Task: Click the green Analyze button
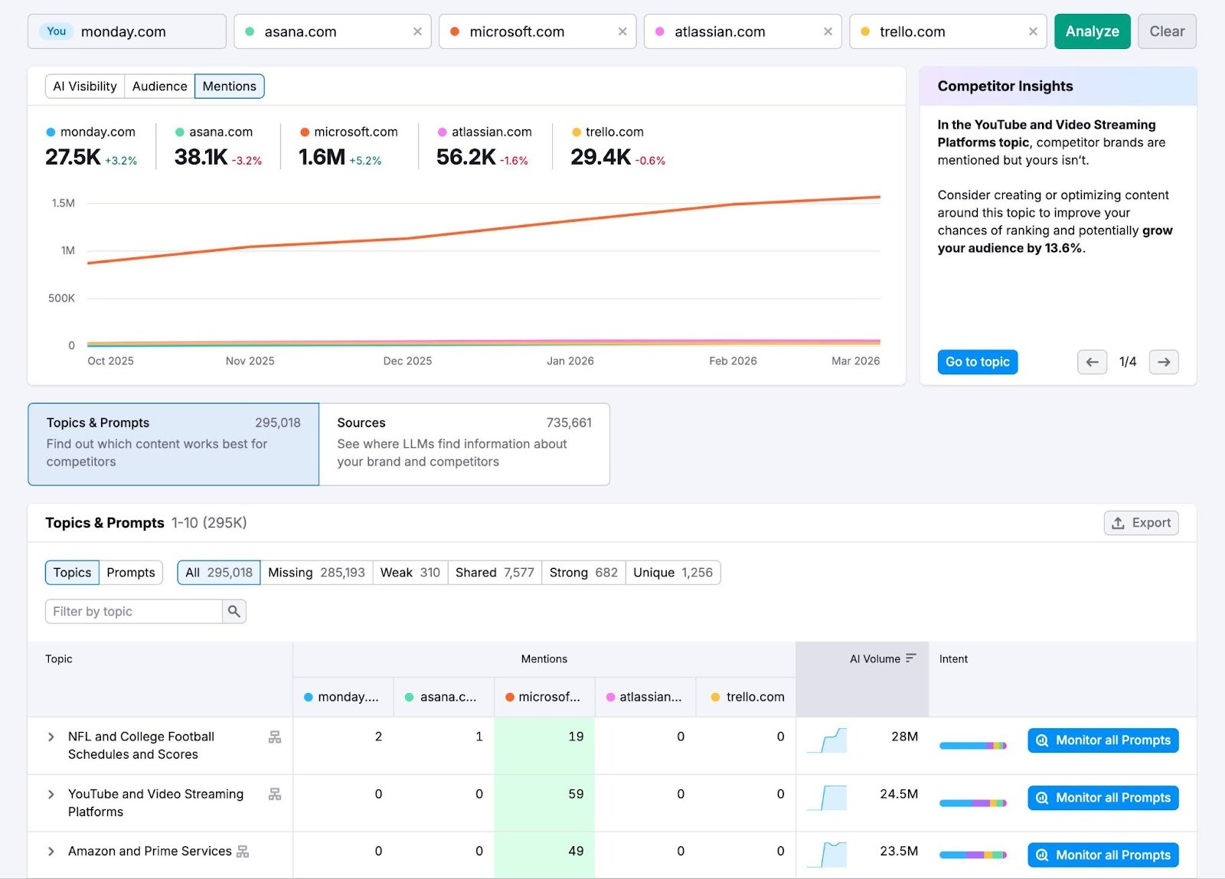pyautogui.click(x=1092, y=31)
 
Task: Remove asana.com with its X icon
pyautogui.click(x=417, y=31)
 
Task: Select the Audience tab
pyautogui.click(x=159, y=87)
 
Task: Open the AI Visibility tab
pyautogui.click(x=85, y=87)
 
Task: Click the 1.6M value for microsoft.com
pyautogui.click(x=322, y=157)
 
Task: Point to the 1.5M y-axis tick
pyautogui.click(x=64, y=203)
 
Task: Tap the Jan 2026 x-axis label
pyautogui.click(x=570, y=361)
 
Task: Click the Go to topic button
pyautogui.click(x=977, y=362)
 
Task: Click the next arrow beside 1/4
pyautogui.click(x=1163, y=362)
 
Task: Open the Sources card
pyautogui.click(x=464, y=444)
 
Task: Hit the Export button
pyautogui.click(x=1141, y=523)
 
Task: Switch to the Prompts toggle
pyautogui.click(x=130, y=573)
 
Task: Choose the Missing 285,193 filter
pyautogui.click(x=316, y=573)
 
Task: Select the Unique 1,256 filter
pyautogui.click(x=672, y=573)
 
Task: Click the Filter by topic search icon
pyautogui.click(x=234, y=611)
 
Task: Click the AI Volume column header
pyautogui.click(x=875, y=658)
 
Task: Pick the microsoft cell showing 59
pyautogui.click(x=576, y=794)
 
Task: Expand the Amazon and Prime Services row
pyautogui.click(x=51, y=851)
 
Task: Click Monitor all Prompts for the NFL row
pyautogui.click(x=1102, y=740)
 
